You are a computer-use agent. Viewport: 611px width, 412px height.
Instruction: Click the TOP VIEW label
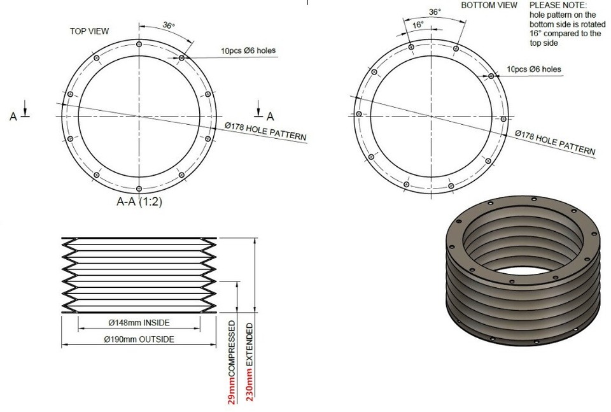coord(89,31)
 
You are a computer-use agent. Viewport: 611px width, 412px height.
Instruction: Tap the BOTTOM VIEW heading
coord(489,5)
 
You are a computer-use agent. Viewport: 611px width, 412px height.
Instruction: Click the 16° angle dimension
coord(418,25)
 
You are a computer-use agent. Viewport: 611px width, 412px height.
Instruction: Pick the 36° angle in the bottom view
coord(435,11)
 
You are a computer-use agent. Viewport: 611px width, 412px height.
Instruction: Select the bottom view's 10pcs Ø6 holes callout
coord(534,69)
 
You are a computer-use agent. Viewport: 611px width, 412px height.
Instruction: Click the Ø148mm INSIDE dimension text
coord(138,322)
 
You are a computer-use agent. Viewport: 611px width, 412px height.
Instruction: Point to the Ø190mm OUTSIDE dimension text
coord(138,339)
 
